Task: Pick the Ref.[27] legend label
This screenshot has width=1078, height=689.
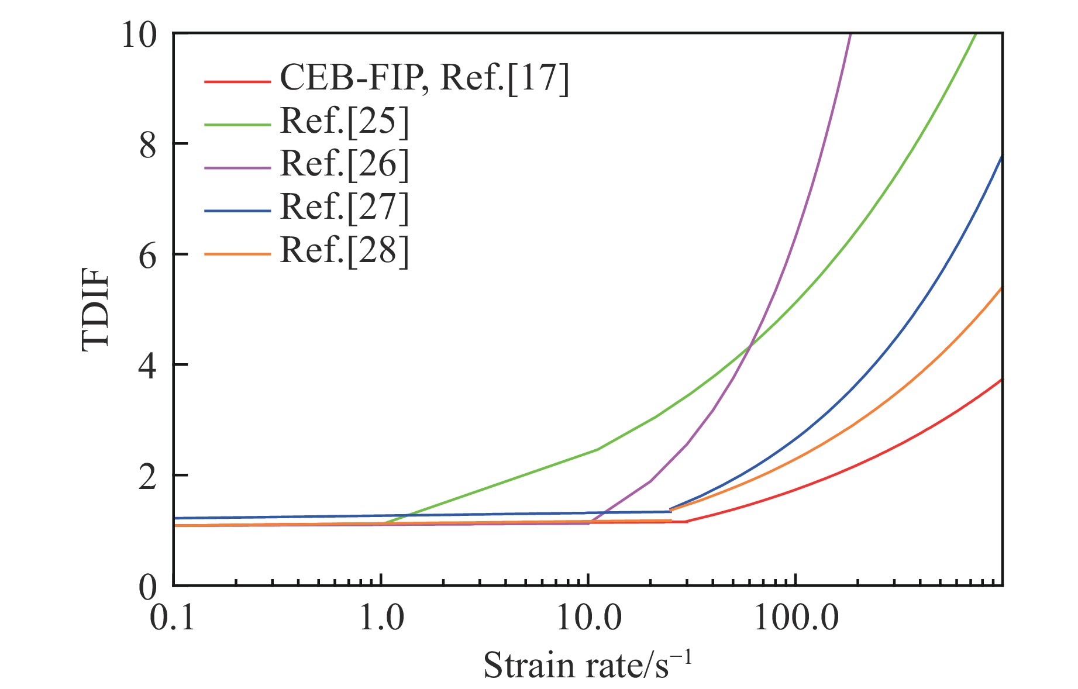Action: tap(344, 208)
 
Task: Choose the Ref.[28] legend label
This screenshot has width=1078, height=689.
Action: tap(344, 251)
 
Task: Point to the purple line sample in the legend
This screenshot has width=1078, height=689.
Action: tap(237, 168)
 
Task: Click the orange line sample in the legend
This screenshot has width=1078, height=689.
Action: tap(237, 254)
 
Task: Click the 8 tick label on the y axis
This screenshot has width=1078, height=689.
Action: tap(148, 144)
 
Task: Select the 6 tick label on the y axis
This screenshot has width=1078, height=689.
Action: tap(148, 255)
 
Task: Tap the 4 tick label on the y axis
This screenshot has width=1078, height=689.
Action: tap(148, 366)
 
